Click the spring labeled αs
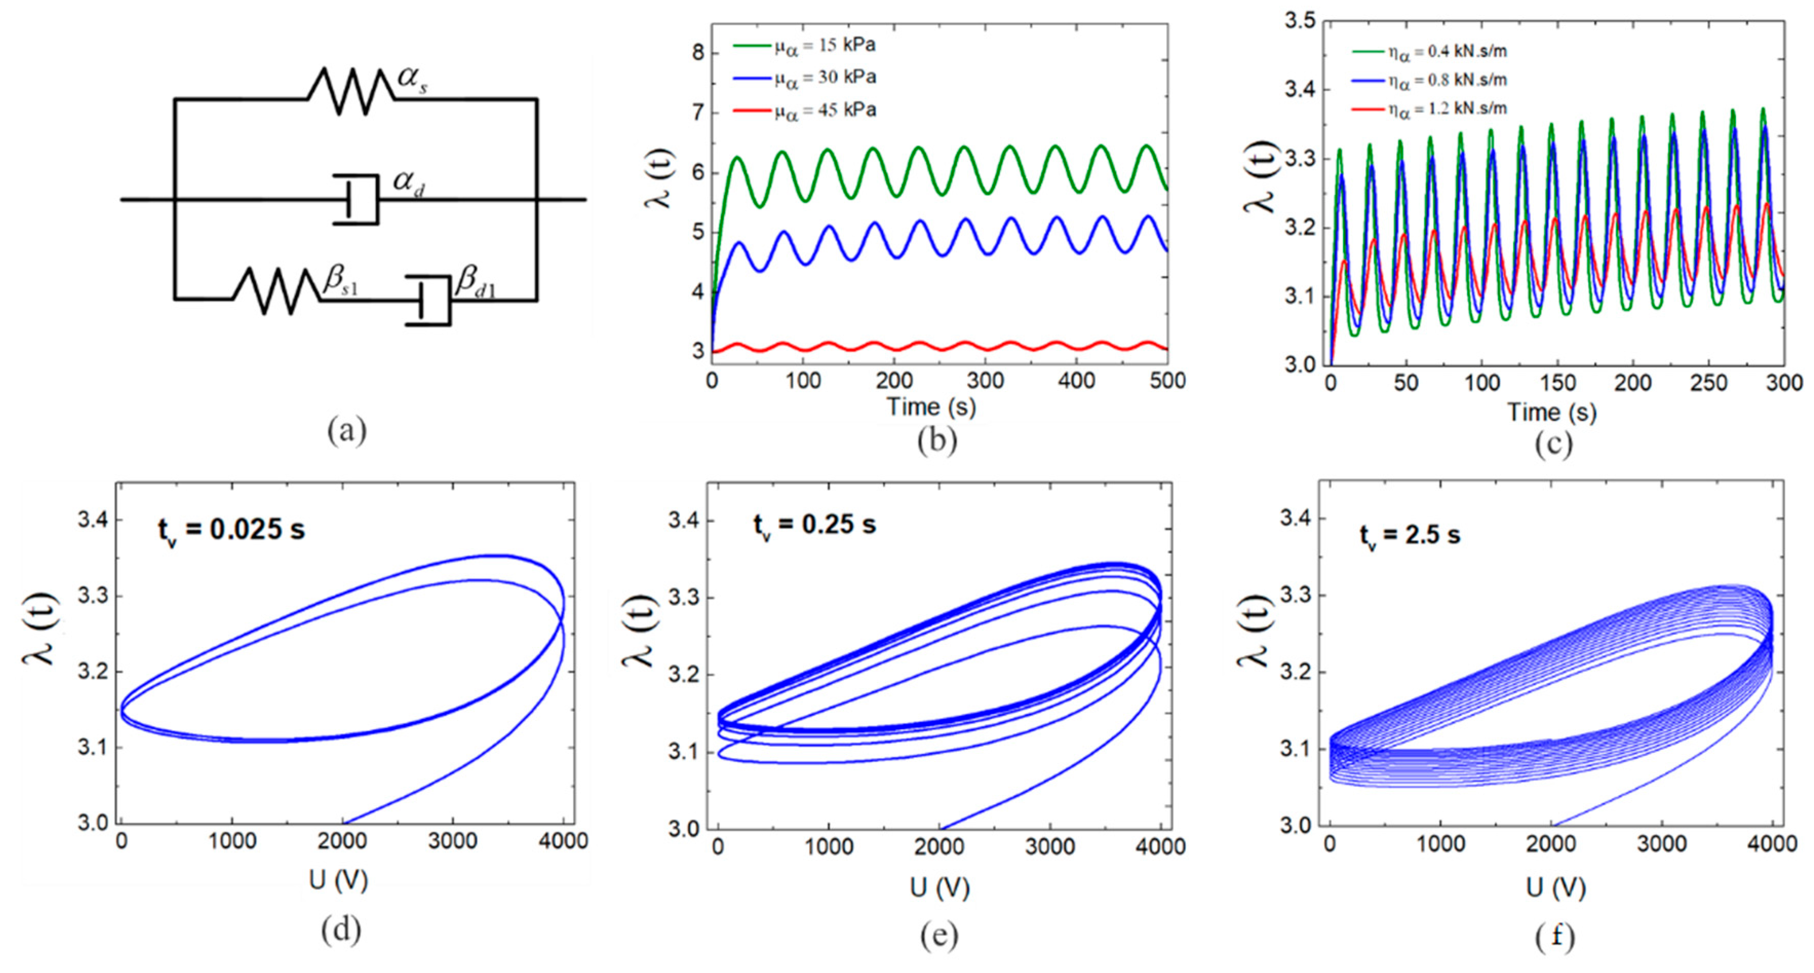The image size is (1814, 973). pos(350,91)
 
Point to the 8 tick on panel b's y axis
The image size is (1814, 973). pos(697,53)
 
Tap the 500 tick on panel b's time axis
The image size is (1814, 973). pos(1166,381)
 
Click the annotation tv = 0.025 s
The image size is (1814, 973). pos(231,530)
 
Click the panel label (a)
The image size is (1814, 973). pos(346,430)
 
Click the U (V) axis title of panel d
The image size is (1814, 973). pos(339,880)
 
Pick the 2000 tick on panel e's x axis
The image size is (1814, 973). pos(939,846)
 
